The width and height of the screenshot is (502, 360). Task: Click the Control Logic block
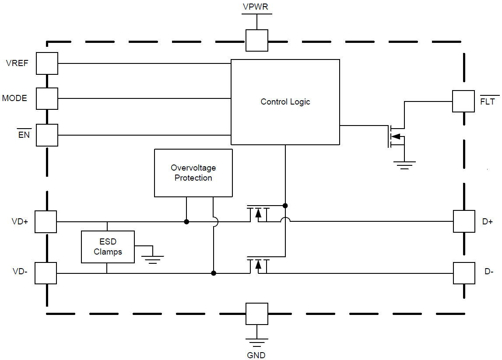coord(285,102)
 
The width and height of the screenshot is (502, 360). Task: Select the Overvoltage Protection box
coord(193,173)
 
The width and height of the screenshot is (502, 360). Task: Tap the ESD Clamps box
coord(108,247)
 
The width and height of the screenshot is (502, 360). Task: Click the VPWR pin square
coord(256,40)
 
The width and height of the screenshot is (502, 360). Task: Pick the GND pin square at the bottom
coord(256,314)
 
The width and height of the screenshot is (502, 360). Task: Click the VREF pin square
coord(47,63)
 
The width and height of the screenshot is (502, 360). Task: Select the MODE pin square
coord(47,98)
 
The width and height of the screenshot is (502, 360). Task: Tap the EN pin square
coord(47,135)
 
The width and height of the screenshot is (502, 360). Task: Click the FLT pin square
coord(463,101)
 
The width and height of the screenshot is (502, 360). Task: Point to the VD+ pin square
coord(46,221)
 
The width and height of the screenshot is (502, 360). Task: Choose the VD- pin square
coord(46,273)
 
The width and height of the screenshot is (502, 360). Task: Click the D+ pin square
coord(464,221)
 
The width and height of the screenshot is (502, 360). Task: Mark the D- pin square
coord(464,273)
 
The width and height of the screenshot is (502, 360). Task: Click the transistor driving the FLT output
coord(395,136)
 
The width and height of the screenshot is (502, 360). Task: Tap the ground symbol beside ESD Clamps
coord(153,259)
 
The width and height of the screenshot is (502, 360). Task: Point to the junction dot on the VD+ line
coord(186,222)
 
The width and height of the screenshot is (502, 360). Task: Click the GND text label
coord(256,355)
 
